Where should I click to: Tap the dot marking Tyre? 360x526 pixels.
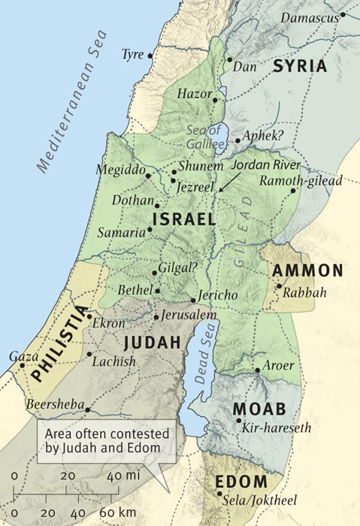[150, 55]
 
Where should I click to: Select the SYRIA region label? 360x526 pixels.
[301, 66]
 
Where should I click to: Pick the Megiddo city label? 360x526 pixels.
[120, 170]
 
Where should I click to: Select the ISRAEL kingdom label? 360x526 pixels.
[184, 219]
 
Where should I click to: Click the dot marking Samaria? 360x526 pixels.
[150, 230]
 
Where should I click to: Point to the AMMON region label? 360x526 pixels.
[308, 271]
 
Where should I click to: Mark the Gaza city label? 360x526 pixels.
[22, 355]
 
